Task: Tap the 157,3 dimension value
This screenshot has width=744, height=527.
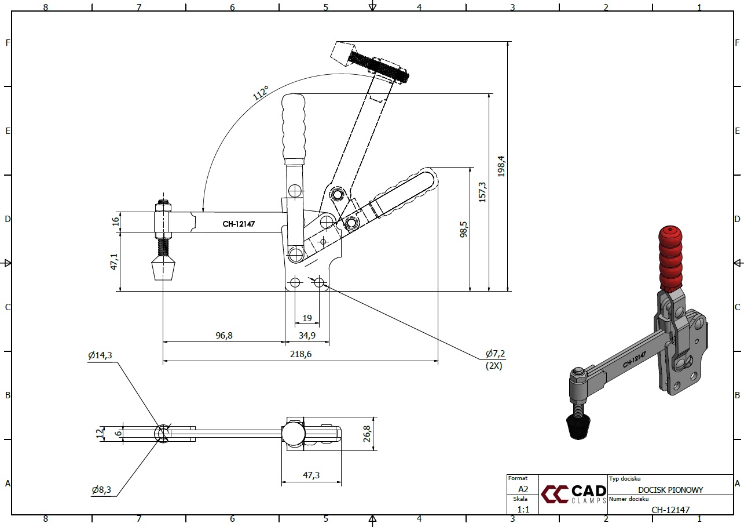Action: tap(482, 192)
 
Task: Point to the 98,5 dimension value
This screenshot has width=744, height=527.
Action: tap(463, 230)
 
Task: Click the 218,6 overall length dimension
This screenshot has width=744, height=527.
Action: tap(300, 354)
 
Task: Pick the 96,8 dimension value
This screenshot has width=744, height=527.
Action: tap(223, 335)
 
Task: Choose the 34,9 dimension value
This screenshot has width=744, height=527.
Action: tap(307, 335)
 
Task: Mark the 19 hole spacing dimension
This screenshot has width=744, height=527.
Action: tap(307, 318)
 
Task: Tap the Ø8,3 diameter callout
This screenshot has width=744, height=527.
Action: tap(102, 490)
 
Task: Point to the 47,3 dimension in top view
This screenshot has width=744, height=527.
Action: tap(311, 475)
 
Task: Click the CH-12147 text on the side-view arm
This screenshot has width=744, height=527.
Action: tap(239, 223)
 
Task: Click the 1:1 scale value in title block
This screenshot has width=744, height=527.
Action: tap(523, 509)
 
